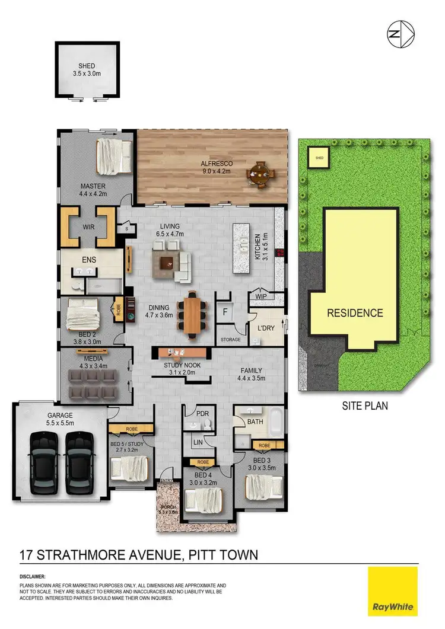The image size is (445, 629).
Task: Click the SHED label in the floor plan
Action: coord(87,66)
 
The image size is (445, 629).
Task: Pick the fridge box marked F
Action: coord(225,311)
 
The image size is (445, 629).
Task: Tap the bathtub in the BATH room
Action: coord(274,424)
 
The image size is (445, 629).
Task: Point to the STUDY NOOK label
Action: coord(182,365)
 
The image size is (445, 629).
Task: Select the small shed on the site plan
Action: coord(319,158)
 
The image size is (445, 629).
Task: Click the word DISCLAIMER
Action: coord(33,576)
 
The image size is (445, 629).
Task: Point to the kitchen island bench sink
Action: coord(243,243)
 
